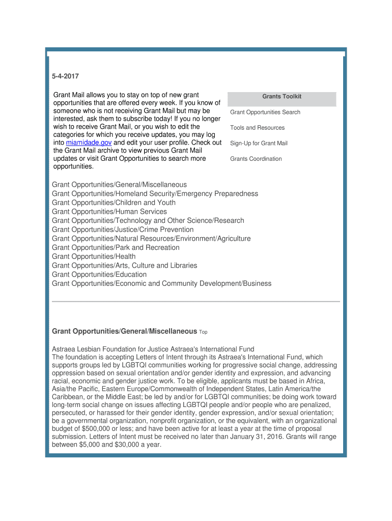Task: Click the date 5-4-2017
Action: click(x=66, y=76)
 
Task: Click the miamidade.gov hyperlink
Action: click(x=89, y=142)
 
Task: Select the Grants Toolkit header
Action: click(x=282, y=96)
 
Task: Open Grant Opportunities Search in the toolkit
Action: click(x=265, y=112)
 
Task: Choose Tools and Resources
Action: click(x=257, y=128)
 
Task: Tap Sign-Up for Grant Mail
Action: click(x=259, y=143)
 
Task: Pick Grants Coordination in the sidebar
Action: click(x=256, y=159)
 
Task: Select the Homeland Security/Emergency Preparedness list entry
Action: click(x=155, y=194)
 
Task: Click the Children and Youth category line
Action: click(x=114, y=202)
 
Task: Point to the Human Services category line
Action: click(x=109, y=212)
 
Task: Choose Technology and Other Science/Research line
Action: click(x=148, y=221)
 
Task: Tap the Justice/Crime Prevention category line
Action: click(x=123, y=229)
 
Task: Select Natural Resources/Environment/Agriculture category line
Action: click(x=151, y=239)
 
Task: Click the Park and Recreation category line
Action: click(x=116, y=247)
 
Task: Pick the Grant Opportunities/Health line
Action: click(x=94, y=256)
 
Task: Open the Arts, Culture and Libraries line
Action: click(x=124, y=266)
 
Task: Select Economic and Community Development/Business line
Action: click(x=161, y=283)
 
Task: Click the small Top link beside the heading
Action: click(x=203, y=332)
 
